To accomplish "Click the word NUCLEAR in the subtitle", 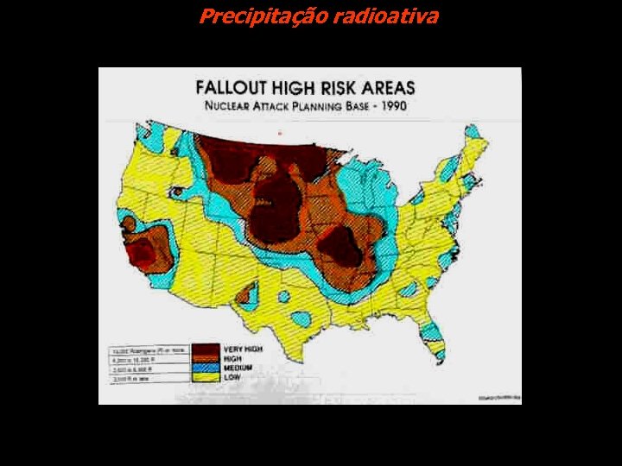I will (231, 106).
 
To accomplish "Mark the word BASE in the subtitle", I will (370, 106).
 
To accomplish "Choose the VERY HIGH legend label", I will (244, 349).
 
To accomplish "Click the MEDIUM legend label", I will (238, 368).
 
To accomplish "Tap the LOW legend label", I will (232, 377).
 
